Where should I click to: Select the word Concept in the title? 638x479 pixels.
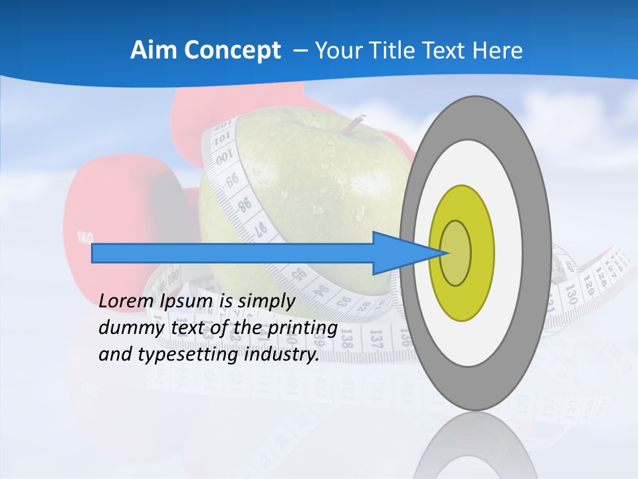(232, 50)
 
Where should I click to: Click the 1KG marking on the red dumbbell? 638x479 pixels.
(84, 237)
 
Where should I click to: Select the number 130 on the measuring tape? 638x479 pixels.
(570, 293)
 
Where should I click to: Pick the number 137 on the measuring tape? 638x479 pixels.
(376, 339)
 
